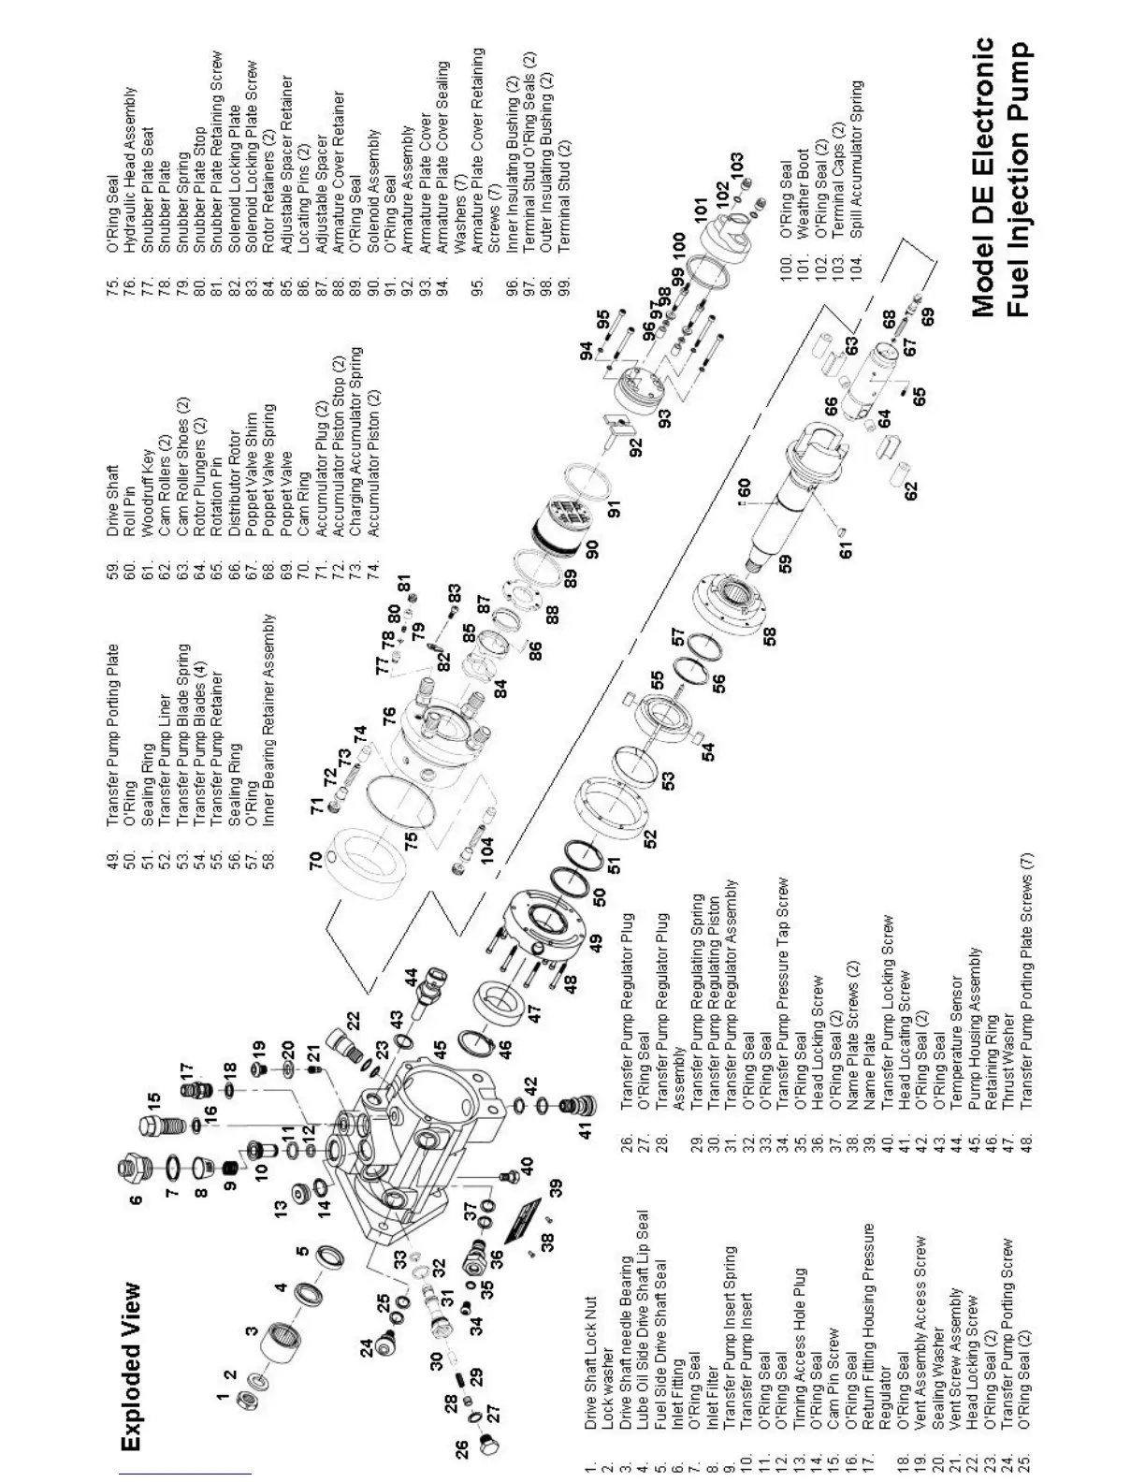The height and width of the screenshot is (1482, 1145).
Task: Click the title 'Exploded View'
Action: coord(133,1366)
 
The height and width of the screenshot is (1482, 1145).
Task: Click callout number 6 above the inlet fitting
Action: coord(137,1199)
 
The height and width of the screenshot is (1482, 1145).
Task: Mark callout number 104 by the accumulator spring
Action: coord(486,850)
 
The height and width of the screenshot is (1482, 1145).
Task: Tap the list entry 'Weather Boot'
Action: coord(803,193)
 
